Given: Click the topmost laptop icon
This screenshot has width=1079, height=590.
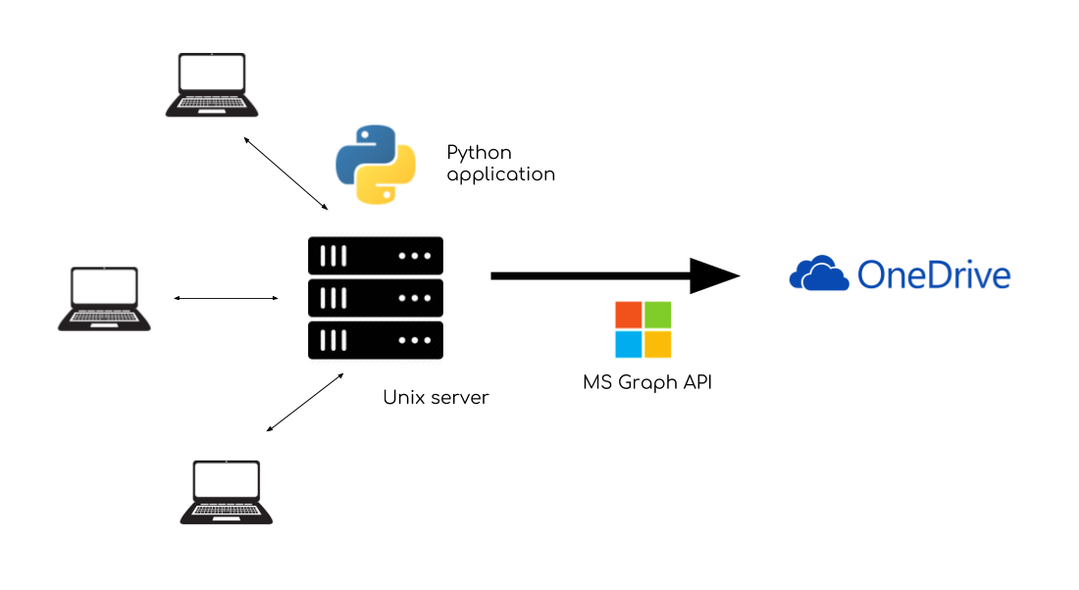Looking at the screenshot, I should tap(212, 84).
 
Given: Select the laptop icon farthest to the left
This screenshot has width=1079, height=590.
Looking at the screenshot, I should tap(105, 298).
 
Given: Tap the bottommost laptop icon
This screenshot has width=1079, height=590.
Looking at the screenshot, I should tap(227, 492).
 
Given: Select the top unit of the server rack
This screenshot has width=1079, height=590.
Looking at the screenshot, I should tap(376, 256).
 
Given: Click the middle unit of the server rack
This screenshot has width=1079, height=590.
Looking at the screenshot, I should tap(376, 298).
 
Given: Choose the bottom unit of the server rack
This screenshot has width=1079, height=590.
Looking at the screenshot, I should tap(376, 340).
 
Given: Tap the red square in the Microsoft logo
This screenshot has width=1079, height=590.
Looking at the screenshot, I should tap(629, 315).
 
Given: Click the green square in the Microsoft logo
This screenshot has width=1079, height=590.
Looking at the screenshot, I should tap(658, 315).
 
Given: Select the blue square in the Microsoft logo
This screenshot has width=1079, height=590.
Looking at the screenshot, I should tap(629, 345).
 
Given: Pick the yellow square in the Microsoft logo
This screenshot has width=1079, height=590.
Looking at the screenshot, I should tap(658, 345).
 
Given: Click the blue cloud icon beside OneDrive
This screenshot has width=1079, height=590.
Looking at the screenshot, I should tap(819, 274).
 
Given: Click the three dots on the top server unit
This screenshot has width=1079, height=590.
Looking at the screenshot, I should tap(415, 256).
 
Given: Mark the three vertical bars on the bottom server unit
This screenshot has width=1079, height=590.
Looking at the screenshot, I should tap(334, 340).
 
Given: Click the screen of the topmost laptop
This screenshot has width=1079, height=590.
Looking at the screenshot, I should tap(212, 74).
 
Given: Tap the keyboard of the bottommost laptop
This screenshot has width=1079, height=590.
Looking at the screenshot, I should tap(227, 511).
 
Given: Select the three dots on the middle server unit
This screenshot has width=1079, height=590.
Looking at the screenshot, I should tap(415, 298).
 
